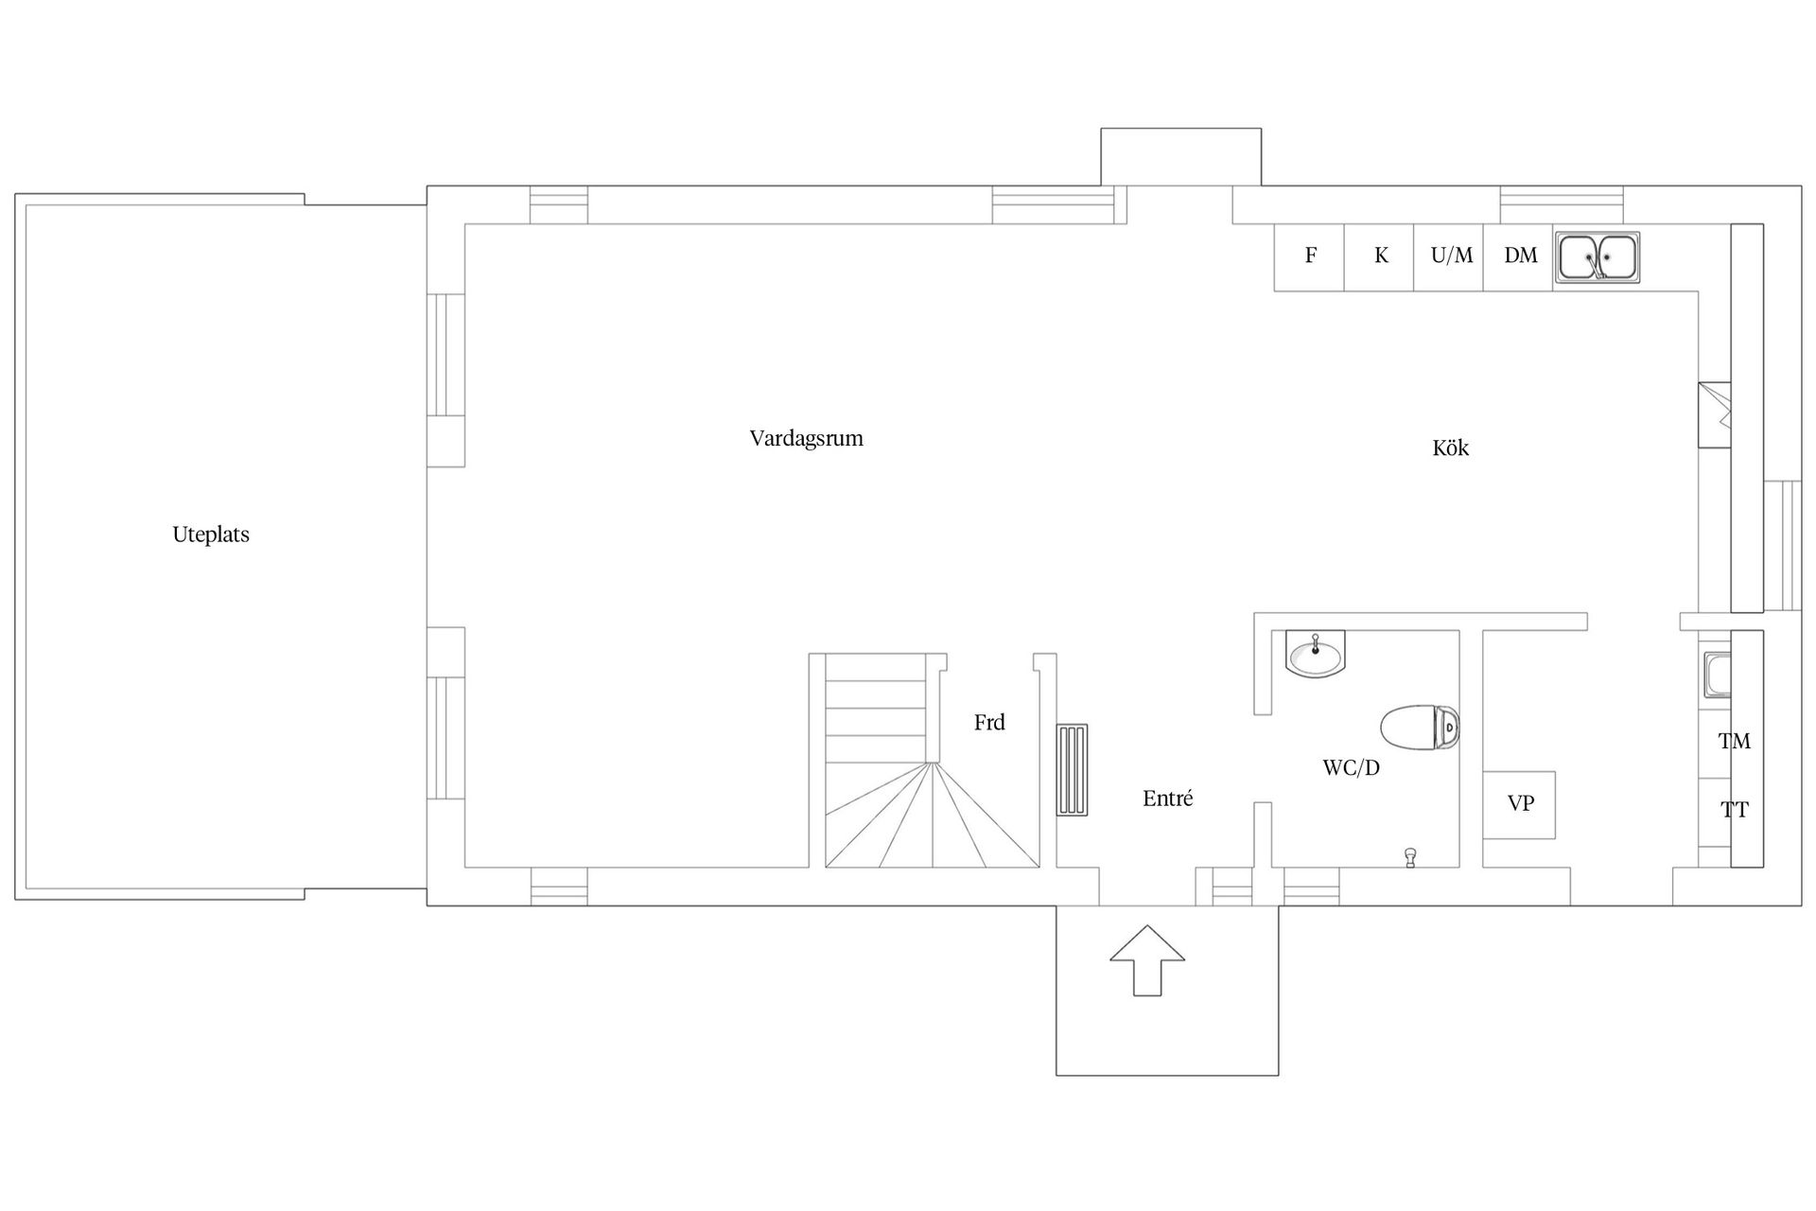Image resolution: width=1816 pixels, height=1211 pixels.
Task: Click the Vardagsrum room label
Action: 806,439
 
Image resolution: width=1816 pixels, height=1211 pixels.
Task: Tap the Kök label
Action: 1450,448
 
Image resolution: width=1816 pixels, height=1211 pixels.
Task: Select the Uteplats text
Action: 211,535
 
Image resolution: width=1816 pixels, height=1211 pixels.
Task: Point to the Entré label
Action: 1167,799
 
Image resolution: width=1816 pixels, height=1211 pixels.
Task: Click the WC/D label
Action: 1351,768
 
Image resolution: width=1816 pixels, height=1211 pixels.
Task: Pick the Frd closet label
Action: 989,723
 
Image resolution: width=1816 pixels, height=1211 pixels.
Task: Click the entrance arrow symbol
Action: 1147,959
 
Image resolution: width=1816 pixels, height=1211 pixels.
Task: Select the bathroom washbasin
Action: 1316,654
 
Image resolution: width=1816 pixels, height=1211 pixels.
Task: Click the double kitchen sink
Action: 1598,256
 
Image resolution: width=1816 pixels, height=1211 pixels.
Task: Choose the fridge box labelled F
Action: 1310,256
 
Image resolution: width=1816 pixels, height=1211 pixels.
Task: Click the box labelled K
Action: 1380,256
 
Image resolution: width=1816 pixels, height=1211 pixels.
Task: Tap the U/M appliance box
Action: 1449,256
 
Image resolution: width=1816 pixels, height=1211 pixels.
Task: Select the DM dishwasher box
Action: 1519,256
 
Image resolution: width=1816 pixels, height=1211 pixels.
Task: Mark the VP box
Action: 1519,805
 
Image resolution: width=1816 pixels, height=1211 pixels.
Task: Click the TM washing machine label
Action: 1734,742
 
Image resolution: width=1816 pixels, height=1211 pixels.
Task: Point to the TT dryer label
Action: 1734,811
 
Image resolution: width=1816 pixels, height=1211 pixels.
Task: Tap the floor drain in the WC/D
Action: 1410,857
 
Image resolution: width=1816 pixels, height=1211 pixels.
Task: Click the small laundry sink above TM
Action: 1717,675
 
